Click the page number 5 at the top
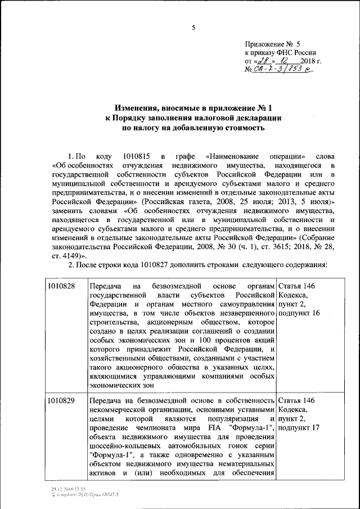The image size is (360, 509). tap(193, 28)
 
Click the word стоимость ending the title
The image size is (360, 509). tap(241, 128)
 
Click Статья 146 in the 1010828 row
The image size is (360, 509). tap(296, 286)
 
